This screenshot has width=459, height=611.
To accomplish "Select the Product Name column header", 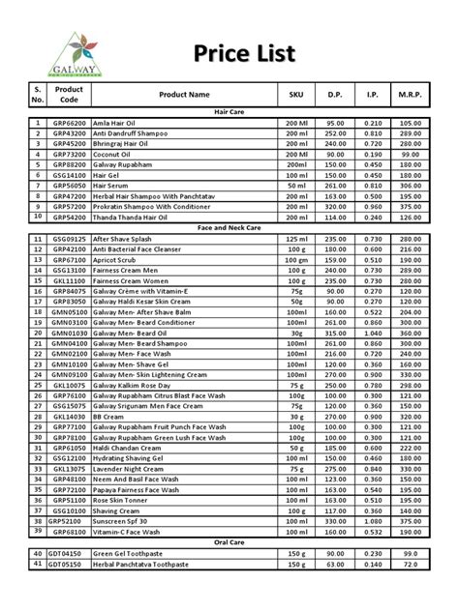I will click(183, 95).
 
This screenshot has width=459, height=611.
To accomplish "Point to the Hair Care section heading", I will click(229, 113).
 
